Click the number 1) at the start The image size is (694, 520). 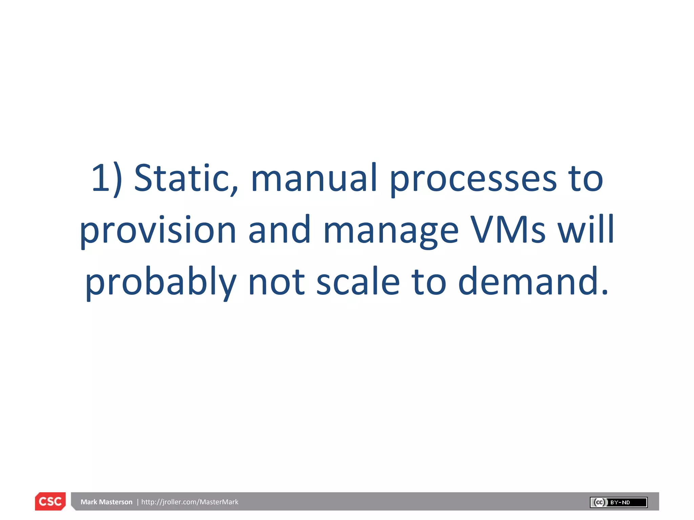click(107, 178)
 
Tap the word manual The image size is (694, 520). click(314, 178)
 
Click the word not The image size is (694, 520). click(276, 282)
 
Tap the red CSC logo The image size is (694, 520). click(50, 501)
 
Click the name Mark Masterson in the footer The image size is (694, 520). click(106, 502)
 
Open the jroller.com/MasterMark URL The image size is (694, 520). click(190, 502)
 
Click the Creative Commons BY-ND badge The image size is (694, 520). click(618, 502)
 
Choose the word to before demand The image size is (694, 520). click(429, 282)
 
